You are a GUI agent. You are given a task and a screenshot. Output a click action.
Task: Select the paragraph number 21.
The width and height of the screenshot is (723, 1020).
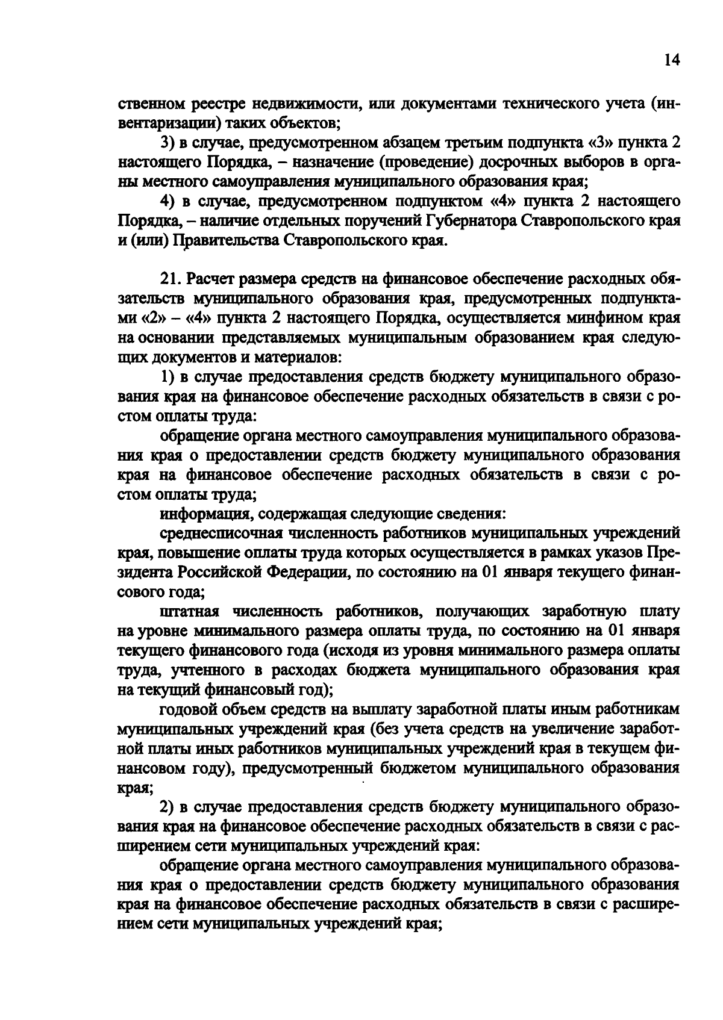(x=171, y=279)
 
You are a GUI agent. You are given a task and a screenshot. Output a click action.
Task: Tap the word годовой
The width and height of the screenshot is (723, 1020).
(x=187, y=709)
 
